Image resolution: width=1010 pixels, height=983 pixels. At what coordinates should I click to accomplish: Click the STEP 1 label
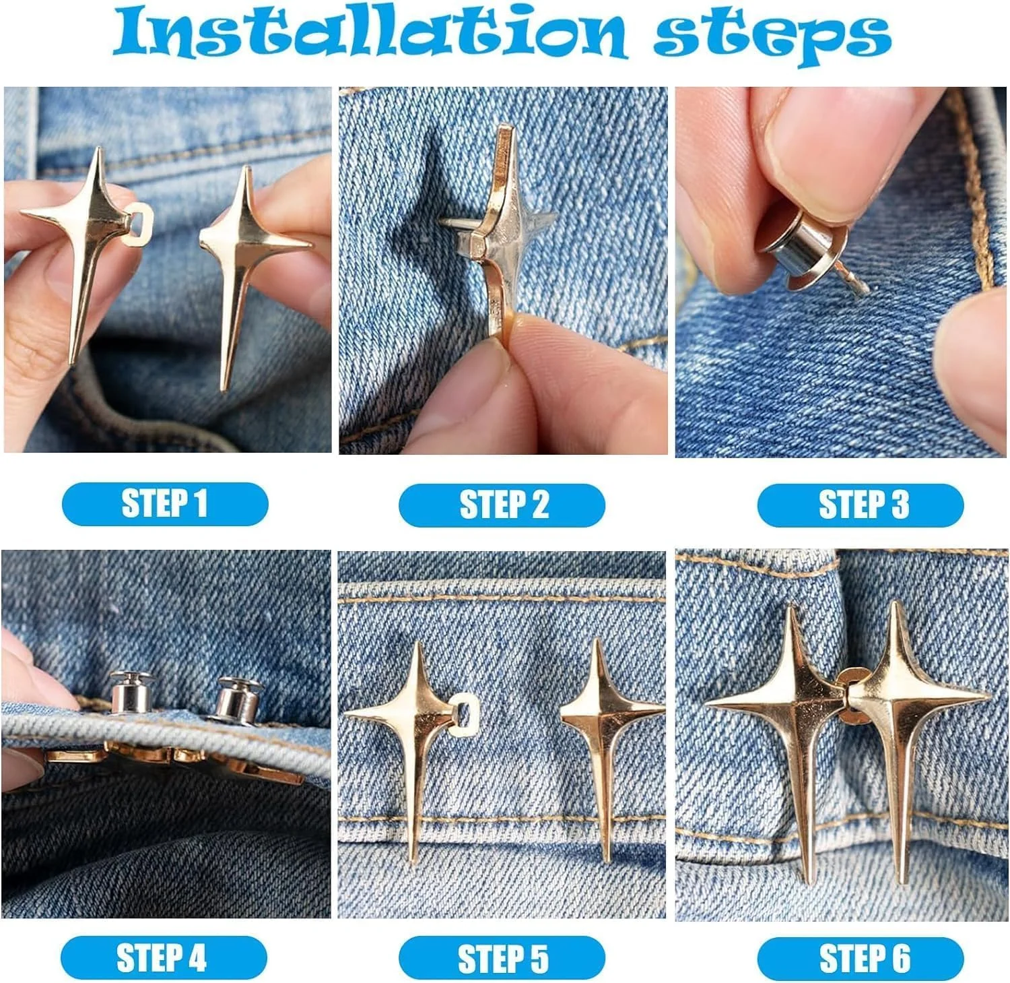click(x=165, y=504)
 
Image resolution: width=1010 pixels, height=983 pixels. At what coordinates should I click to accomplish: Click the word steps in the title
click(x=773, y=37)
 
